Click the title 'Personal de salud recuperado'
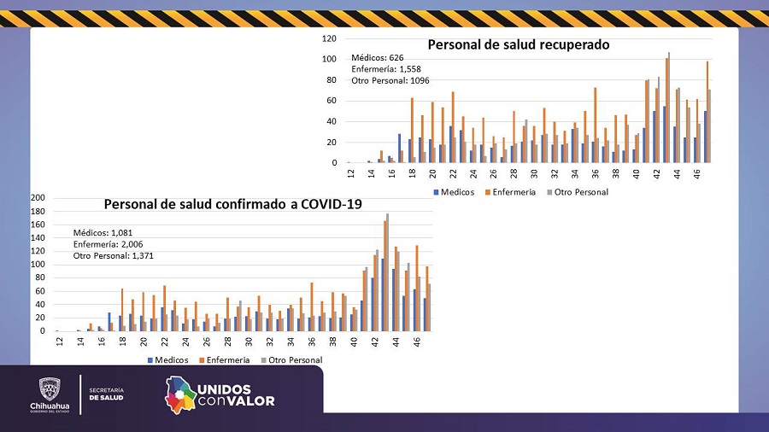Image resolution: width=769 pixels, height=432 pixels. pos(518,44)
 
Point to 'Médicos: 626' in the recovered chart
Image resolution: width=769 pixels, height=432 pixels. pos(378,58)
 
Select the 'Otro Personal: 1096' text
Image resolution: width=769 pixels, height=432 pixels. pos(390,80)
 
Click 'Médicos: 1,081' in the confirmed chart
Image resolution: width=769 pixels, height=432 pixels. pos(103,232)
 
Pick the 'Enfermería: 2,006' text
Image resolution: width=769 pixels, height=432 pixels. pos(107,243)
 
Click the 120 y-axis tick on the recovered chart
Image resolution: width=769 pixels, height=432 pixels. pos(329,38)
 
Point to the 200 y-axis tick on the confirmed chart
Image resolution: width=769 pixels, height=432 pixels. pos(38,198)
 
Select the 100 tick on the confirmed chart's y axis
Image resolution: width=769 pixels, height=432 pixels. pos(38,265)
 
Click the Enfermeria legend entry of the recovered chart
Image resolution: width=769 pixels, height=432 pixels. pos(511,192)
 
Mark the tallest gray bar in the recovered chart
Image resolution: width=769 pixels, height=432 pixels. pos(669,107)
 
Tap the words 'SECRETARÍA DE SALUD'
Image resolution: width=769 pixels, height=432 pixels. pos(106,394)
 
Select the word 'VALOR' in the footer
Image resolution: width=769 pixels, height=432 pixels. pos(250,400)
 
